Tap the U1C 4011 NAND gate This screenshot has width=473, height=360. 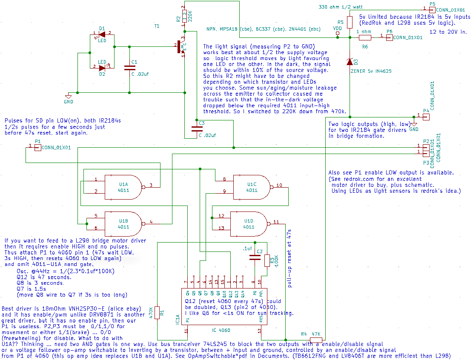(x=252, y=187)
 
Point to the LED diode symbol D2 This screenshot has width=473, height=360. (x=102, y=68)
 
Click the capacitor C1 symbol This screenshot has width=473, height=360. (x=129, y=67)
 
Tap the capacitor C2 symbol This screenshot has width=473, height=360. (x=255, y=257)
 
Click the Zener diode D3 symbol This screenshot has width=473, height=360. (x=350, y=62)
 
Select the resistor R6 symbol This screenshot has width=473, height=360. (x=365, y=37)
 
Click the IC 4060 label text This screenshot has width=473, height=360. (x=221, y=330)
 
